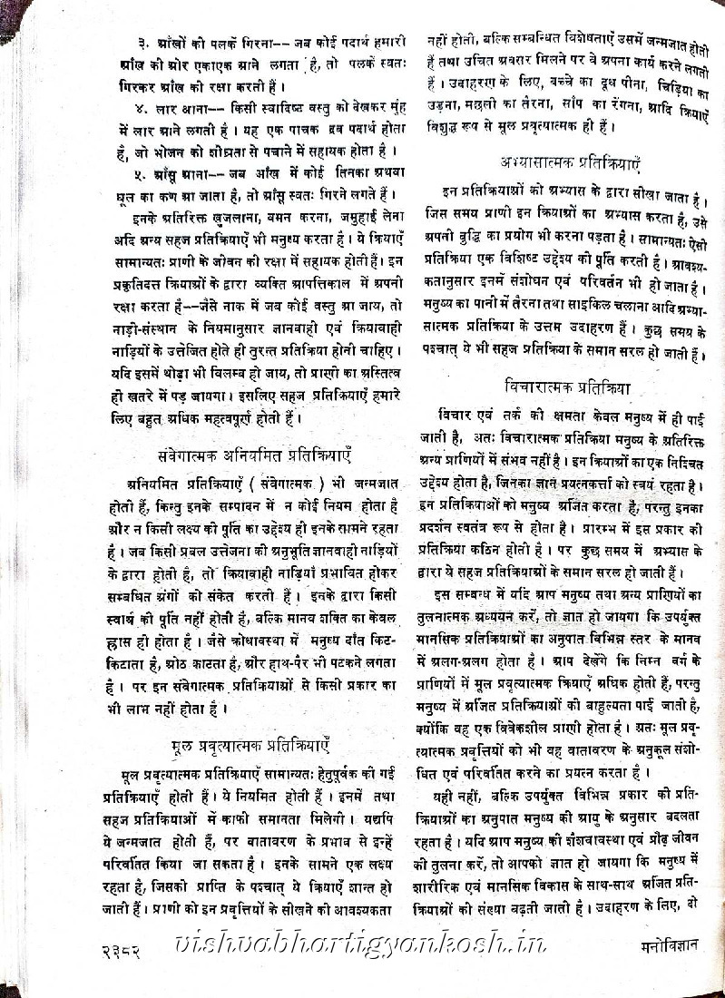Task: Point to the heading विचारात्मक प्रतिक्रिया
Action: (567, 386)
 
